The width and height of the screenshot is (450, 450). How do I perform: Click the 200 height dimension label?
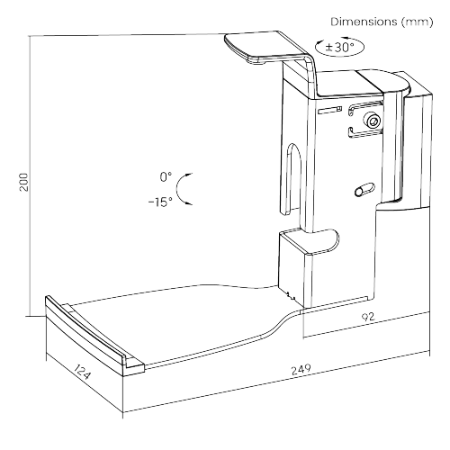point(23,182)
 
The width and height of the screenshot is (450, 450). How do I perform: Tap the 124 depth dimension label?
point(82,371)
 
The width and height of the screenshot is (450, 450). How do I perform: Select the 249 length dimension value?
point(301,370)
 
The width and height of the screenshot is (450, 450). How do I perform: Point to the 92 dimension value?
point(368,317)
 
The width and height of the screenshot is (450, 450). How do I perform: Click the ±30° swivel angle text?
point(340,47)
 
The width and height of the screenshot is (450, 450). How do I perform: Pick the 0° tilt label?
point(166,177)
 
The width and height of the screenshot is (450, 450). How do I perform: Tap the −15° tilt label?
point(160,202)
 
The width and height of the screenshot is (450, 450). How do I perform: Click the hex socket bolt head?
point(373,121)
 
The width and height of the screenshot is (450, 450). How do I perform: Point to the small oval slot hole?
point(364,190)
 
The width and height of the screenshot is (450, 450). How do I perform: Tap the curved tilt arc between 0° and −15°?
point(179,189)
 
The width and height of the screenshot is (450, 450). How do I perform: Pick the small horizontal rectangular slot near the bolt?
point(330,111)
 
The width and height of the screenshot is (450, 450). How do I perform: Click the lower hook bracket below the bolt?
point(364,133)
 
